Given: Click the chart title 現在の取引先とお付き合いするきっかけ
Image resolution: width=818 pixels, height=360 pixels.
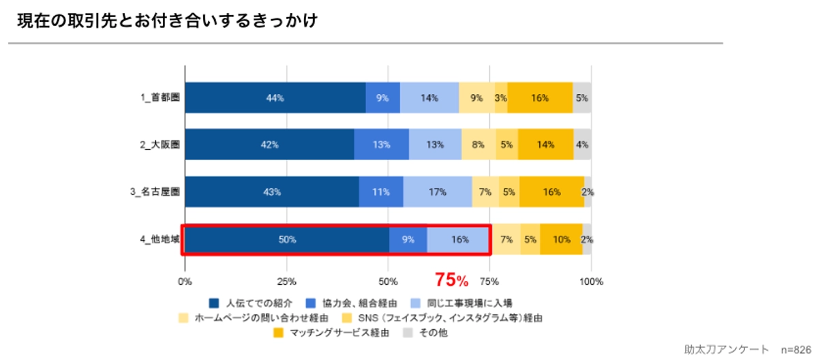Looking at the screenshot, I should tap(166, 21).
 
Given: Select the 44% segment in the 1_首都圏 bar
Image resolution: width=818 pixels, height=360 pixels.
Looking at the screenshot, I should tap(275, 97).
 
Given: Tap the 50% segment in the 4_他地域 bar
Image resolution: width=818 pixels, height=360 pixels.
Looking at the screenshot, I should tap(286, 239).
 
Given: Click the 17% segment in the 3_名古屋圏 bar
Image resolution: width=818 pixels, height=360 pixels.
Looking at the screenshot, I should tap(438, 192).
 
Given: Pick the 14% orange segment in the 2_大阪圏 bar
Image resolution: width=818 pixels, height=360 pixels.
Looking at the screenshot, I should tap(546, 145).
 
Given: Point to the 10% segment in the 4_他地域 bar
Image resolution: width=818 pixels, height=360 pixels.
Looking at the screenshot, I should tap(561, 239).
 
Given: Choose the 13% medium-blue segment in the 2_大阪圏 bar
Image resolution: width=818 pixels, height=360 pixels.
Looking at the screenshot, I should tap(382, 145).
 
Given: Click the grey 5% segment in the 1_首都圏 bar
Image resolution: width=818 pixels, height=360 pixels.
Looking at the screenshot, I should tap(581, 97).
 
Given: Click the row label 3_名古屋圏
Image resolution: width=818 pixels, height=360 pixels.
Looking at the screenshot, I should tap(155, 192).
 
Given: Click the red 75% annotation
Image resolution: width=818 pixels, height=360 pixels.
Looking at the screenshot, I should tap(451, 280).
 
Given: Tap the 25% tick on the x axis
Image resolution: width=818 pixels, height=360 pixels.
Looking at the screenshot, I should tap(286, 281).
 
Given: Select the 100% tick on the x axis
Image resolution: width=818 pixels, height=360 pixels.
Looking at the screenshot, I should tap(591, 281).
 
